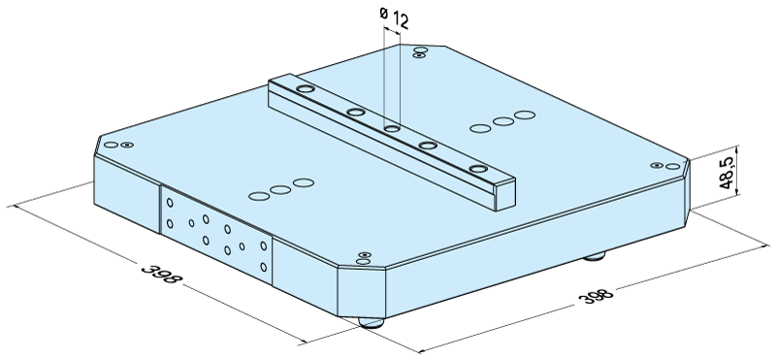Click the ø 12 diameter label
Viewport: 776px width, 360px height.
(394, 17)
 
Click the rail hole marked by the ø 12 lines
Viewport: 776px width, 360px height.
(392, 129)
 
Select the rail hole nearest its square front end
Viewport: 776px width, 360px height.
(478, 169)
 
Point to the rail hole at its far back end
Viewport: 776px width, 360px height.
(306, 89)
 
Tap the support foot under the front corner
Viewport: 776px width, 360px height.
(372, 322)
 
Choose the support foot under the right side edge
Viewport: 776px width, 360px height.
(594, 256)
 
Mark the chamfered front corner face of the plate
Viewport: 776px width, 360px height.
(361, 292)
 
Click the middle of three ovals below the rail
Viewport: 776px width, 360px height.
(280, 189)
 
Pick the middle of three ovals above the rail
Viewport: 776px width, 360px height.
(503, 121)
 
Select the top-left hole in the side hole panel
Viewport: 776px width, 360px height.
(170, 203)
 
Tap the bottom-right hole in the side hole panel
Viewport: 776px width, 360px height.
(263, 268)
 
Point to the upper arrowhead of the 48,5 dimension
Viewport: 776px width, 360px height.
(737, 148)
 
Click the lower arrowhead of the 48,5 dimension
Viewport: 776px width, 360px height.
(737, 191)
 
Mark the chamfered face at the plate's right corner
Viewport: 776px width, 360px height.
(687, 192)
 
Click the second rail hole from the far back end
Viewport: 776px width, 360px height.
(356, 112)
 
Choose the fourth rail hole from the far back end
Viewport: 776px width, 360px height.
(428, 146)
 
